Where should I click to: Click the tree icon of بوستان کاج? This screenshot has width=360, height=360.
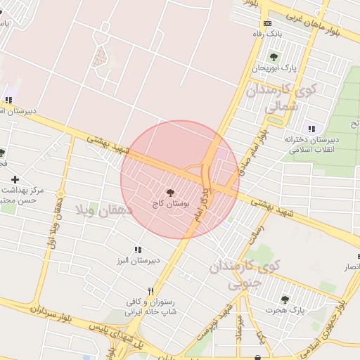coord(170,192)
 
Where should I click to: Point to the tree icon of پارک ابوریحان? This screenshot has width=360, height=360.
coord(273,57)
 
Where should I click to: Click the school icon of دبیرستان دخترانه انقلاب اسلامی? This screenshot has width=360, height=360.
coord(310,129)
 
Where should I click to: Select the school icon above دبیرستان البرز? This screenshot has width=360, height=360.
coord(138,250)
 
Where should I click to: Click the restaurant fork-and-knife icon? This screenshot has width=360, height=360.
coord(150,291)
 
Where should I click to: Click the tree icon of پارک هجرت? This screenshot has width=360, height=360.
coord(285,300)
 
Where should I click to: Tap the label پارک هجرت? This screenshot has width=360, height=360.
coord(284,310)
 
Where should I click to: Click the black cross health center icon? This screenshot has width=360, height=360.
coord(15,180)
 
